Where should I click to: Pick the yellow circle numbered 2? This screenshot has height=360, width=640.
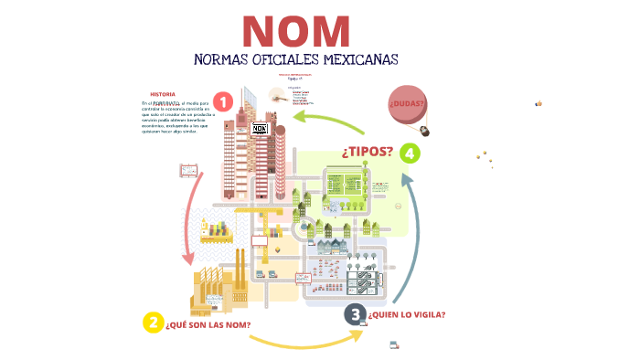coord(153,323)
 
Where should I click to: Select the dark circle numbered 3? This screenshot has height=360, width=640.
coord(354,315)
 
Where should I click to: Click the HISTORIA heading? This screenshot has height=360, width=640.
coord(162,94)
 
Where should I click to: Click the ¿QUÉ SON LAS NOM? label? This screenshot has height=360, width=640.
coord(208,324)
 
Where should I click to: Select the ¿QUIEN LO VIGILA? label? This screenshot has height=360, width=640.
coord(407,315)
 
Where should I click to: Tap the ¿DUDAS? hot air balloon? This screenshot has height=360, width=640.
coord(408,103)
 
